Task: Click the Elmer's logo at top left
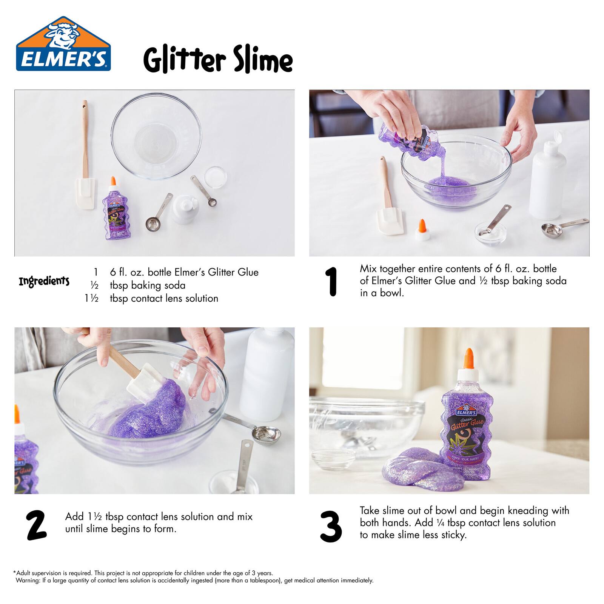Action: [63, 44]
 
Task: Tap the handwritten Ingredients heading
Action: [44, 281]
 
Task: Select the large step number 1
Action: [332, 282]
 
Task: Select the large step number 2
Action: [36, 525]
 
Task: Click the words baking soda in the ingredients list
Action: [158, 285]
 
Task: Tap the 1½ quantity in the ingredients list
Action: [91, 298]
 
